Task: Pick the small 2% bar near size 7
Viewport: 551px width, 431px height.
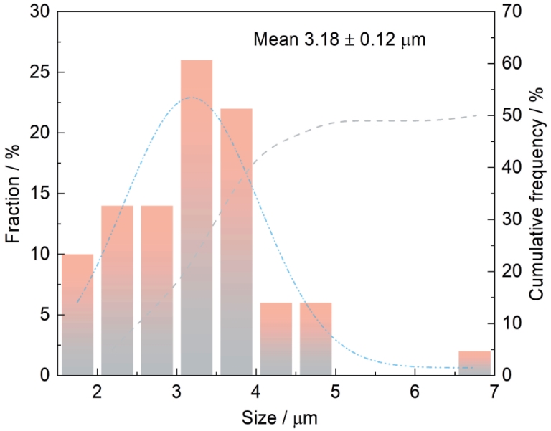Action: click(474, 363)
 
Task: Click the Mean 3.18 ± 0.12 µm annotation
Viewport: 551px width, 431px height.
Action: click(340, 39)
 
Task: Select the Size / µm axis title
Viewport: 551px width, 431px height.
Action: click(275, 417)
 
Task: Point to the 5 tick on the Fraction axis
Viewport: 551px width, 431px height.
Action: click(44, 315)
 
